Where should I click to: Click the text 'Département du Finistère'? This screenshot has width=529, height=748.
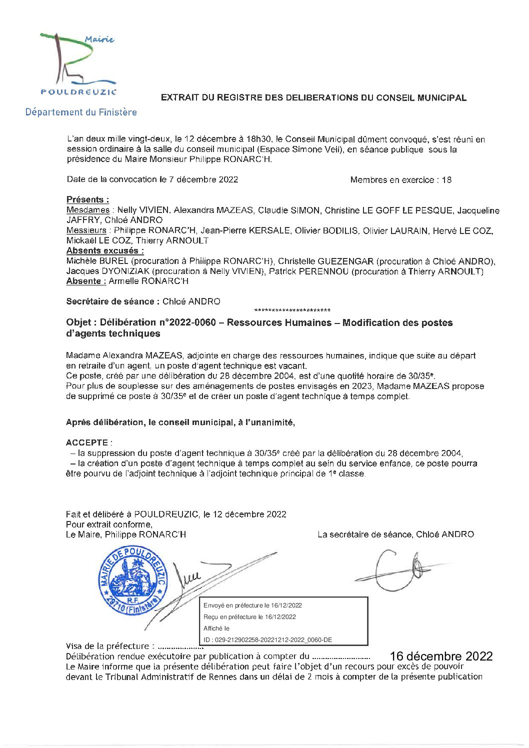(81, 112)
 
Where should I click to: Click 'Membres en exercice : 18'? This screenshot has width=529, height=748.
(400, 180)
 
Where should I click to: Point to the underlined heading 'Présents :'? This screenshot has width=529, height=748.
(87, 199)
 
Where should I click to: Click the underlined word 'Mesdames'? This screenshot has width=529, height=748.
(88, 210)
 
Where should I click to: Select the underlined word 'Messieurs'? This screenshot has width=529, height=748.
(86, 230)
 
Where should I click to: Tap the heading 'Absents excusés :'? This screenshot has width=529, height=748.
(105, 251)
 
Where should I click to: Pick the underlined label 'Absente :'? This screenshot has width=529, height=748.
(86, 281)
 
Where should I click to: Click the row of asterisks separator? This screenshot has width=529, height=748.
(292, 310)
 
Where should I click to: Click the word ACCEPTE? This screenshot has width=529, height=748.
(86, 442)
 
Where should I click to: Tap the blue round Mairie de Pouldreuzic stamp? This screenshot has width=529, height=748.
(132, 580)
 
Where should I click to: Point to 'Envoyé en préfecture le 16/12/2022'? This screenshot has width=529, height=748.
(252, 605)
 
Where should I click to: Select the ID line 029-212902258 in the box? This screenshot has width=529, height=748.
(267, 640)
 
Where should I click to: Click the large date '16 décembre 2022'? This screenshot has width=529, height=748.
(441, 656)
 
